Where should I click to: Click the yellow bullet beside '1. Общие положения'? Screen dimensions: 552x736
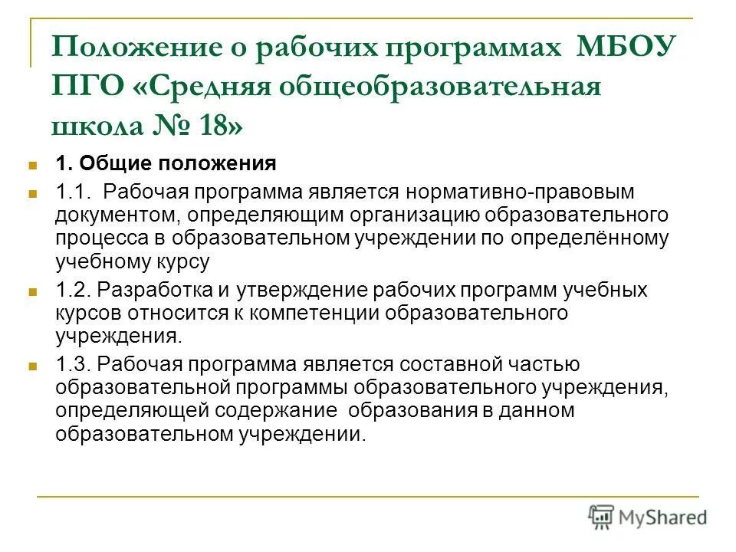tap(33, 164)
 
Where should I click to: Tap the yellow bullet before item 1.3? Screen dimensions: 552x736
tap(33, 366)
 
